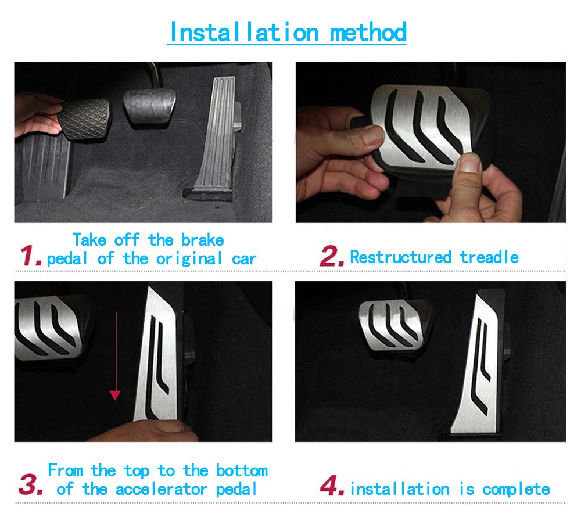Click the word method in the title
(368, 32)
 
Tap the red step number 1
(30, 256)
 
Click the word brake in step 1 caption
(202, 240)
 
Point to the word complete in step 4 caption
(516, 489)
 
